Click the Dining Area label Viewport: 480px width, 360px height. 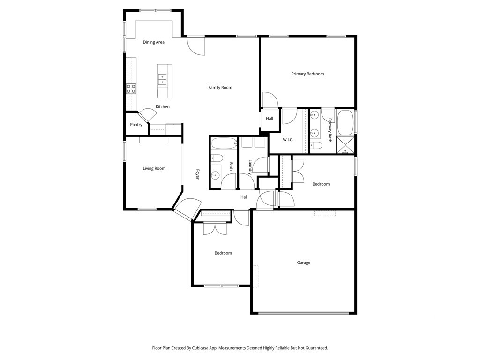[x=154, y=42]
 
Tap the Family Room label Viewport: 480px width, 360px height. [x=220, y=88]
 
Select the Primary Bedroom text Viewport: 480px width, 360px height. [x=307, y=74]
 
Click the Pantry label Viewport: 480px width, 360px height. [x=136, y=125]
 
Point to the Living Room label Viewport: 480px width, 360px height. [x=154, y=168]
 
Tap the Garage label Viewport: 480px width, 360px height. [x=303, y=262]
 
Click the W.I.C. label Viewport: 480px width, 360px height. [x=288, y=140]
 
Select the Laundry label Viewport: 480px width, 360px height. [x=250, y=167]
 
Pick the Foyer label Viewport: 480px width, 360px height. [x=198, y=174]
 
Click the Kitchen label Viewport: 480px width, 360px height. [x=163, y=107]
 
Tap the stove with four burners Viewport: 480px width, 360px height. [x=131, y=89]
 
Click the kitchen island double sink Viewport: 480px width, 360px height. [x=162, y=79]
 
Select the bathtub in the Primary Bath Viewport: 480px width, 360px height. [x=345, y=122]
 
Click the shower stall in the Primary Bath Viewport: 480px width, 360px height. [x=345, y=145]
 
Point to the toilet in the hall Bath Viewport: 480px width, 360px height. [x=217, y=158]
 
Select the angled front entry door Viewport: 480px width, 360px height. [x=187, y=210]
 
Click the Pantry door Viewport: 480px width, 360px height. [x=146, y=115]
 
